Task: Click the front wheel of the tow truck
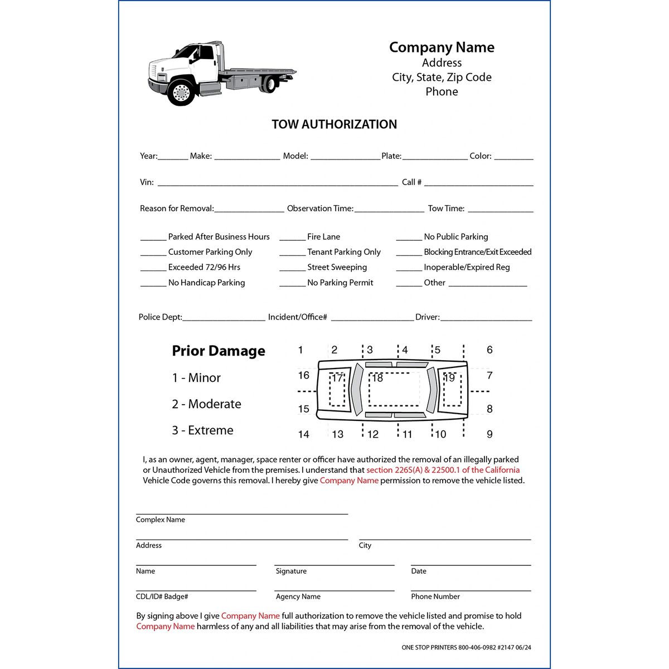[x=181, y=92]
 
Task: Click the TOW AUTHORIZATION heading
[x=334, y=124]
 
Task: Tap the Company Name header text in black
[x=442, y=47]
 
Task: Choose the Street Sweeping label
[x=337, y=267]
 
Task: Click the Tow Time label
[x=446, y=209]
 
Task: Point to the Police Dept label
[x=160, y=317]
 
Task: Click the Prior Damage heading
[x=219, y=351]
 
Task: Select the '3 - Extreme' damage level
[x=202, y=430]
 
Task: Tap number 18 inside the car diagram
[x=377, y=378]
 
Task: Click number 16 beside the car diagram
[x=303, y=375]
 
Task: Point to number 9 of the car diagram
[x=489, y=434]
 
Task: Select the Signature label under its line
[x=291, y=571]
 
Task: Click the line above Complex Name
[x=242, y=513]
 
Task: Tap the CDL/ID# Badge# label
[x=162, y=597]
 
